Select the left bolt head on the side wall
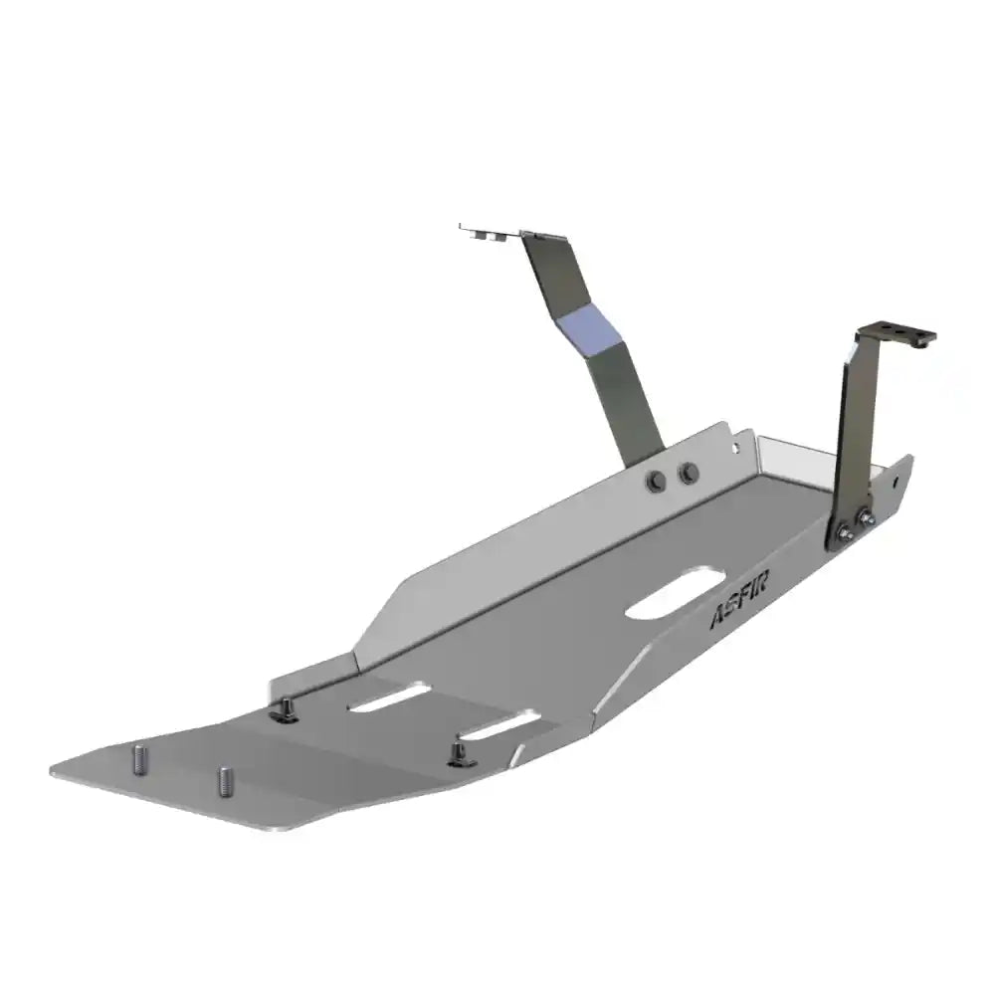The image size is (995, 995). (x=656, y=479)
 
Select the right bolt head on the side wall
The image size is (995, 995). (x=687, y=474)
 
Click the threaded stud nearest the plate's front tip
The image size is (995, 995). (x=137, y=758)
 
